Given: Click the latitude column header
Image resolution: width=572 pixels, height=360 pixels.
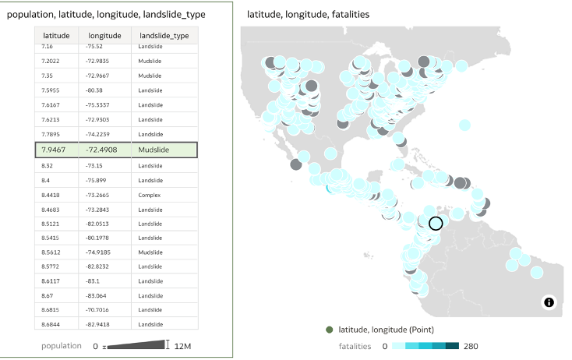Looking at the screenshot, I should point(56,36).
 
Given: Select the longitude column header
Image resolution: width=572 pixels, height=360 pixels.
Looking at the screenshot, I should point(104,36).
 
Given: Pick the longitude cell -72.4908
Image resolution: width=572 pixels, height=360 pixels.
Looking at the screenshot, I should point(101,150).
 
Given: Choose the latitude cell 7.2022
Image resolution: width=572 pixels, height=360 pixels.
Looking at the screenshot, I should point(52,62).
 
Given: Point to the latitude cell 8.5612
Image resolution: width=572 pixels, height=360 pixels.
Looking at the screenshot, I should point(52,252).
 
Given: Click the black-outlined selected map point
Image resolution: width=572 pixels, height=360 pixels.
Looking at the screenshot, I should point(436,223).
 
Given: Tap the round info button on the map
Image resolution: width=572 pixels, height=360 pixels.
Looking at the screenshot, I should point(549,302).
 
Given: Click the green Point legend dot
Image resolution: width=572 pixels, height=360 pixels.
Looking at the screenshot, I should point(330,330).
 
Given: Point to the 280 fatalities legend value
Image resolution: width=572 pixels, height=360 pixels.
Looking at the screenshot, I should point(471,346).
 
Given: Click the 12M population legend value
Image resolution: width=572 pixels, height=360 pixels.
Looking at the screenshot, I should point(183,346).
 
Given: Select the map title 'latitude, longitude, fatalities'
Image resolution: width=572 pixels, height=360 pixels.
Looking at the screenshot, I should point(307,15).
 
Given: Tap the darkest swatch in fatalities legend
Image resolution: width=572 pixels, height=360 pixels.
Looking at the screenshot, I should point(452,346).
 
